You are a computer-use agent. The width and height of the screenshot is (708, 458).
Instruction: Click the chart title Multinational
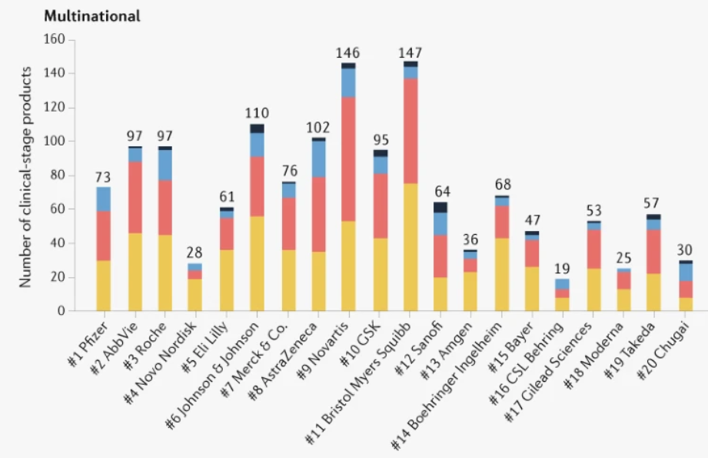coord(92,16)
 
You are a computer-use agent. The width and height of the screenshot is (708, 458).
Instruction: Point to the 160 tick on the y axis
coord(57,40)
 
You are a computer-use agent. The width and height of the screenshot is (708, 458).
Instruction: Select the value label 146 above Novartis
coord(348,53)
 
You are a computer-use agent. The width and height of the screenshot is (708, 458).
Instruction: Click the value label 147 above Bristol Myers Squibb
coord(410,53)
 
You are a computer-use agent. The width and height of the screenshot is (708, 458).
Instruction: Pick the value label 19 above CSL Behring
coord(562,269)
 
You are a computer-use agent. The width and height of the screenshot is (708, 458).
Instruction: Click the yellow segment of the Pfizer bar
coord(103,286)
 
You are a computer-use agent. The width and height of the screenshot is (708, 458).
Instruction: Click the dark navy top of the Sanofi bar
coord(440,207)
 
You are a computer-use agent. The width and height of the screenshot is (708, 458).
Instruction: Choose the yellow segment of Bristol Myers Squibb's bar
coord(410,247)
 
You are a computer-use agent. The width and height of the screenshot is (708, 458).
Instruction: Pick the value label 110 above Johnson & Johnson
coord(256,114)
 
